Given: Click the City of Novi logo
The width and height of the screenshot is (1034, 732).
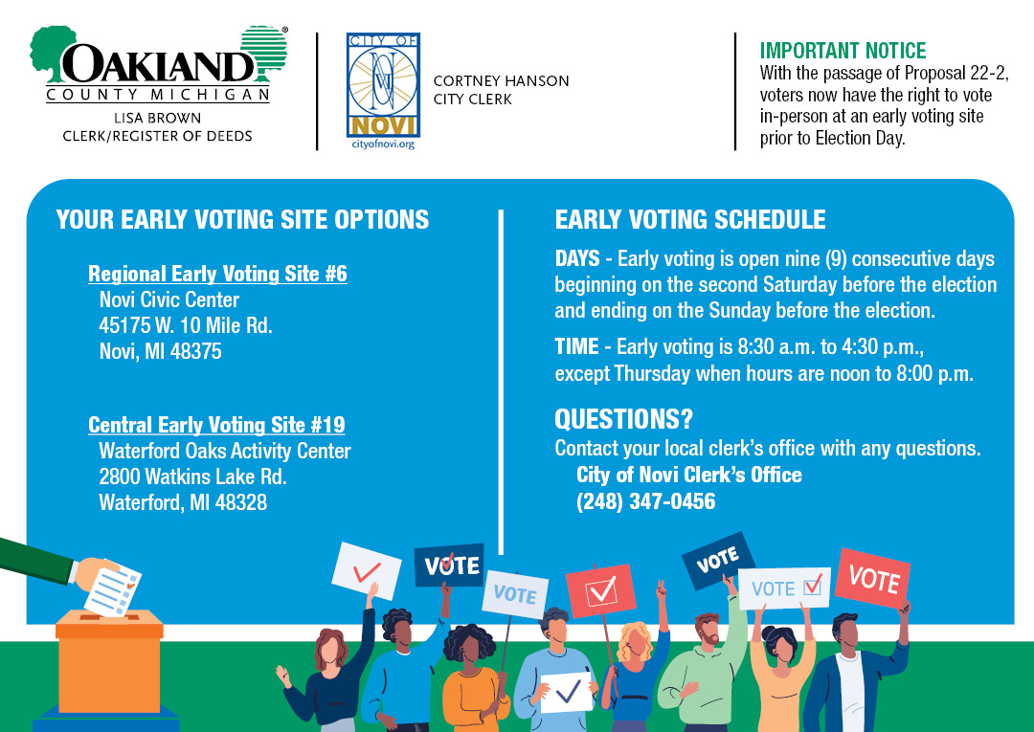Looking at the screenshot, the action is click(383, 85).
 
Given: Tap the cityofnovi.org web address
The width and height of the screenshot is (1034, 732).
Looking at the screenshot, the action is click(383, 144).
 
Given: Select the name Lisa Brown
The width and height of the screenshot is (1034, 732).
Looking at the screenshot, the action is click(158, 118).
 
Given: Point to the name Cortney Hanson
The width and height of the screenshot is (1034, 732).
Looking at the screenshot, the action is click(501, 81).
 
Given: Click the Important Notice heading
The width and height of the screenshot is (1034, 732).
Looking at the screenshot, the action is click(843, 51).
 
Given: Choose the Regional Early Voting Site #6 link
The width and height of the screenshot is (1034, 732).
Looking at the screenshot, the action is click(217, 274).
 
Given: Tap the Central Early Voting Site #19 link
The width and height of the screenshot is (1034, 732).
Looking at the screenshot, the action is click(216, 425).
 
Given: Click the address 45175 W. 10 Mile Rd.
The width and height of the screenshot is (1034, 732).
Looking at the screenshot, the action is click(186, 325).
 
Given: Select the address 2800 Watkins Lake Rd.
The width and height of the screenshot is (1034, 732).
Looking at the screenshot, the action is click(192, 477).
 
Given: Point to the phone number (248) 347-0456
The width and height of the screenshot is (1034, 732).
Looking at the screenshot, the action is click(645, 501).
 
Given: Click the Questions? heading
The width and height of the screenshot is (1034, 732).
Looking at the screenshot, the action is click(624, 419).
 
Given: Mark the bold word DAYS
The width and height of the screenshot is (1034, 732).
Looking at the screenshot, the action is click(577, 258).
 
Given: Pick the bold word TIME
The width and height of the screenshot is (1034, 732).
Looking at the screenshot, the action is click(576, 346).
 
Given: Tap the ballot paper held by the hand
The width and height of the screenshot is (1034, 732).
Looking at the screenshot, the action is click(113, 591).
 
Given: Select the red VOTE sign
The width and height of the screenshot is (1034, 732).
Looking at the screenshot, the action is click(872, 578).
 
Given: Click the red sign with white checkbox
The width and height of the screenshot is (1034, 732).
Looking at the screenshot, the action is click(600, 590).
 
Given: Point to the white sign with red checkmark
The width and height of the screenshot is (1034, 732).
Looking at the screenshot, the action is click(366, 570).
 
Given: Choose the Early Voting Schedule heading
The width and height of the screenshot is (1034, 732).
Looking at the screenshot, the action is click(689, 219).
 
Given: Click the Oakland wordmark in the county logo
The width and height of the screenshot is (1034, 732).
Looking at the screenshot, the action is click(158, 64).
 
